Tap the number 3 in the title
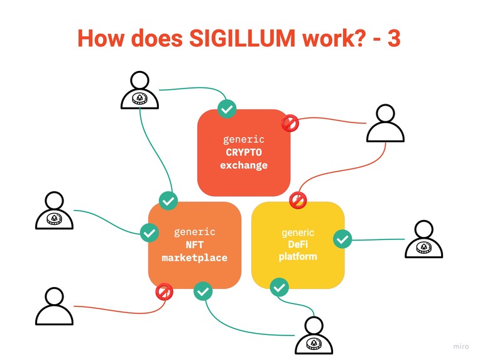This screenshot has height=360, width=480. tap(393, 38)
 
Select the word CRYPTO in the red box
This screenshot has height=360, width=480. tap(244, 153)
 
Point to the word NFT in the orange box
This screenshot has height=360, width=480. tap(194, 245)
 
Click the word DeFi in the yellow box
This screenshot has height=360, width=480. tap(298, 245)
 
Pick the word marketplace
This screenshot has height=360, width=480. tap(194, 258)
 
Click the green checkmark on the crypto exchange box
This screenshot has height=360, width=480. tap(226, 109)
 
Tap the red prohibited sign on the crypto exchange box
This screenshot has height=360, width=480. tap(290, 123)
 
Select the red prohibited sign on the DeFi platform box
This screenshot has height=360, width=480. tap(297, 201)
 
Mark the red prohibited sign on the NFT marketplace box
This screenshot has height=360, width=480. tap(164, 292)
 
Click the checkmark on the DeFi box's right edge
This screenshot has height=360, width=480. tap(342, 239)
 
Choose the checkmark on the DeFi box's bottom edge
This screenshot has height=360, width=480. tap(279, 288)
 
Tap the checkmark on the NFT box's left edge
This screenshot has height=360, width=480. tap(149, 233)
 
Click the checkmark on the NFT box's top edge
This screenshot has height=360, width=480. tap(168, 201)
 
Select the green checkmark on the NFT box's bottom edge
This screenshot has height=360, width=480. tap(203, 292)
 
